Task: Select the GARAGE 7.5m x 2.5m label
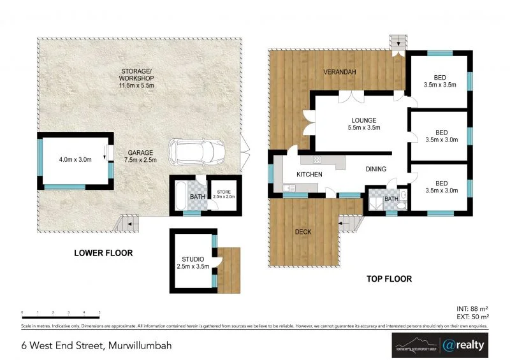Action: [140, 157]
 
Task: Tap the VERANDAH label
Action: [339, 71]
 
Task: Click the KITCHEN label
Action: [309, 174]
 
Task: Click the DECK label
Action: [303, 232]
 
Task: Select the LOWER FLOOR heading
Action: [103, 253]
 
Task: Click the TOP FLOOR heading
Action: [389, 278]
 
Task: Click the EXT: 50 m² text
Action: [472, 316]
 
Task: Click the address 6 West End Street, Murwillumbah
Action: [96, 345]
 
